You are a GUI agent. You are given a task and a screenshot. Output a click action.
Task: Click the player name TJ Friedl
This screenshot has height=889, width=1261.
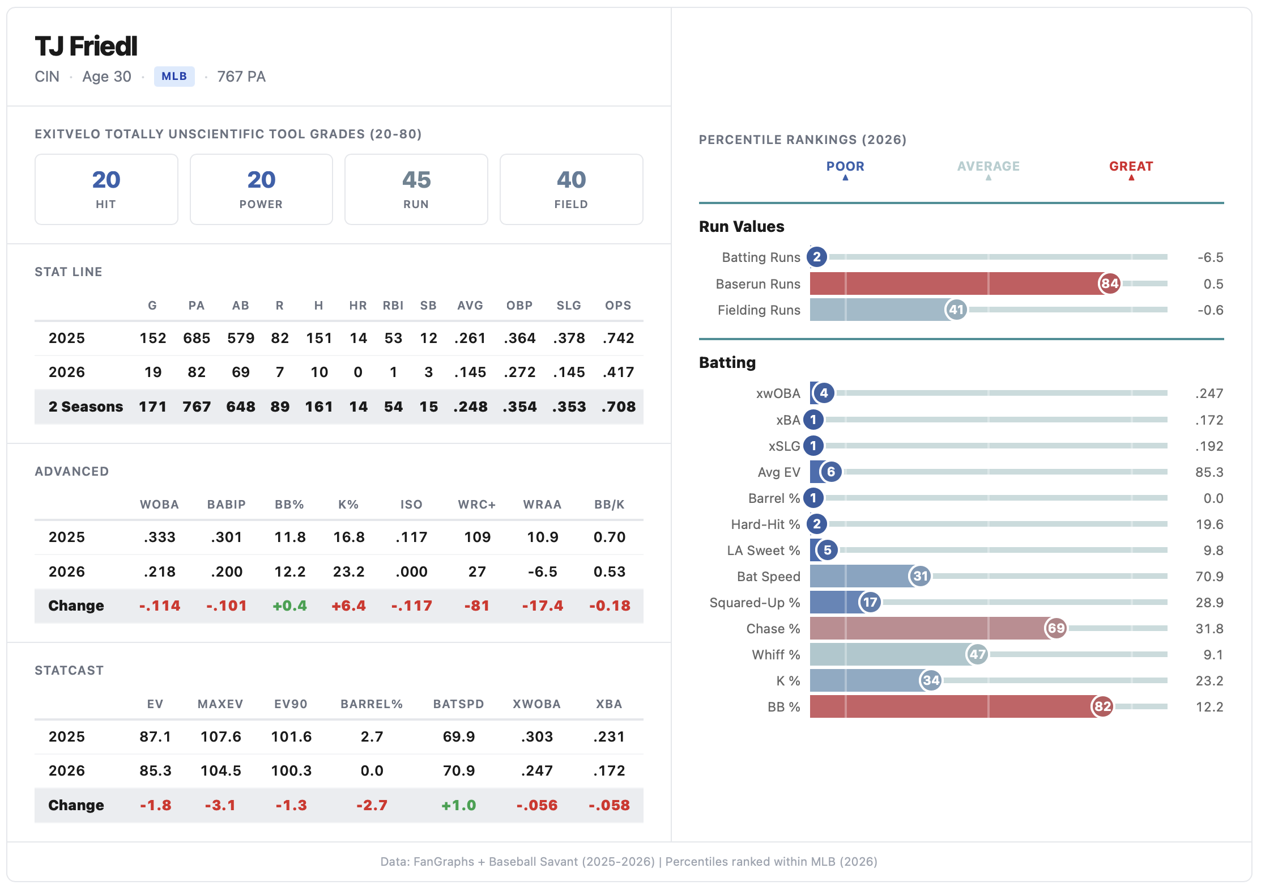[x=86, y=46]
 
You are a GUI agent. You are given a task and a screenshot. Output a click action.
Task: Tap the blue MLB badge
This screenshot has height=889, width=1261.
[x=174, y=77]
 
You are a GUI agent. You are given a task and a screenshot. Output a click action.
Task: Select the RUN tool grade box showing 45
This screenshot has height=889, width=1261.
[x=416, y=189]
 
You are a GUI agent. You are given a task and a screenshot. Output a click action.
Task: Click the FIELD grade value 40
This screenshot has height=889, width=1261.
[x=571, y=180]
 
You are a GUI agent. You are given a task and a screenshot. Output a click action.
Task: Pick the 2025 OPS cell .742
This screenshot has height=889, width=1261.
[x=618, y=338]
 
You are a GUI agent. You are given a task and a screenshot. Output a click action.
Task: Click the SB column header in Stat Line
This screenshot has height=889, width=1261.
[x=428, y=306]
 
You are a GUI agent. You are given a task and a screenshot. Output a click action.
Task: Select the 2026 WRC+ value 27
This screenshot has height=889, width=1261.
[x=477, y=571]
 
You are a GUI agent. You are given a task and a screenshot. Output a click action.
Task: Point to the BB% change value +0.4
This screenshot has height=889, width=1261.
[x=289, y=606]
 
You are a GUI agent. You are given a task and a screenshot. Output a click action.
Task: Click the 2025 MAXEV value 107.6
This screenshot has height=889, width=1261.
[x=220, y=736]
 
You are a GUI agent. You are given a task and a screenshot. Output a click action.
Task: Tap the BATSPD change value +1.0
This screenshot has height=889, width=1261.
[x=458, y=805]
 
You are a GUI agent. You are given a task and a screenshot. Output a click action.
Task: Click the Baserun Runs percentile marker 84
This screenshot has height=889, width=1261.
[x=1109, y=283]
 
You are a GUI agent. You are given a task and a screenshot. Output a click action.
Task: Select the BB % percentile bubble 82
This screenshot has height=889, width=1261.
[x=1102, y=706]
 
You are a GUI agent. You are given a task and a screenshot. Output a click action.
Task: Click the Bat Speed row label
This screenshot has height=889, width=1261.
[x=768, y=577]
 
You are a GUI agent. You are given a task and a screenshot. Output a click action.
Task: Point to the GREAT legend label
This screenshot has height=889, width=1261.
[x=1131, y=167]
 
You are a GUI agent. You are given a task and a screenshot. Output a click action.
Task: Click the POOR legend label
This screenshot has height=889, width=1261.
[x=845, y=167]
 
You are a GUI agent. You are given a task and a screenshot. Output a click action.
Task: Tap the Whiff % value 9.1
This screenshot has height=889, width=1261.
[x=1213, y=655]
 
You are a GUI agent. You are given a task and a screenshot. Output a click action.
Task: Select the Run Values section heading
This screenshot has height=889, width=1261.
[x=742, y=227]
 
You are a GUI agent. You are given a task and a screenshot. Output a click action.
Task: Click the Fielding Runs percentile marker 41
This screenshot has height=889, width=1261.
[x=956, y=310]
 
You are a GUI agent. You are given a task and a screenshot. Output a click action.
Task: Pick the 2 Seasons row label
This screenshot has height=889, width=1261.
[x=86, y=407]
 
